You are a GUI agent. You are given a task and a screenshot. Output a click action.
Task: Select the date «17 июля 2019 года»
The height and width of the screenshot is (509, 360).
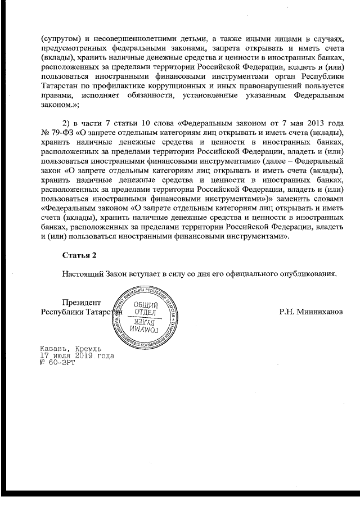[x=76, y=356]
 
